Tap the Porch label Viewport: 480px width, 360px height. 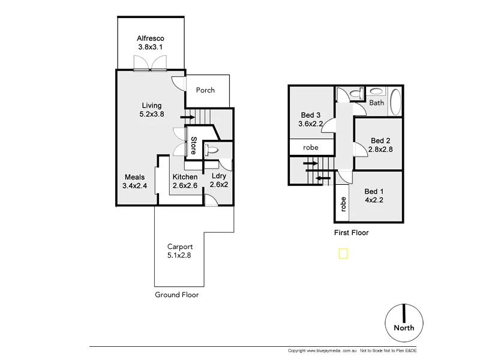coord(205,91)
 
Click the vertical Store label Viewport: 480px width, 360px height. coord(193,146)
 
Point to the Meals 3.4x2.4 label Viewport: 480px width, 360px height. coord(134,181)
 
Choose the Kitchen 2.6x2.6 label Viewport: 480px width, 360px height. coord(185,181)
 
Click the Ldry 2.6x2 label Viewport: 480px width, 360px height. coord(219,181)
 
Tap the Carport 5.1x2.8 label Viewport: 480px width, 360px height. coord(180,251)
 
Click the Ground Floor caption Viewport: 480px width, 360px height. coord(176,295)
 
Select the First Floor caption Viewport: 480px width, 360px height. coord(351,233)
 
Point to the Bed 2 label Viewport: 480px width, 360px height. coord(381,145)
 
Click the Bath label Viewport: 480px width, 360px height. coord(376,103)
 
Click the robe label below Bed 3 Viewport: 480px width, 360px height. coord(310,147)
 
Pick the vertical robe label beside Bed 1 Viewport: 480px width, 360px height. coord(343,205)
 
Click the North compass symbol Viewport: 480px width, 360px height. coord(404,321)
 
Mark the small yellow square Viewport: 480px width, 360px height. coord(343,254)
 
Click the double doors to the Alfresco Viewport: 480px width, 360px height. coord(151,62)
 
